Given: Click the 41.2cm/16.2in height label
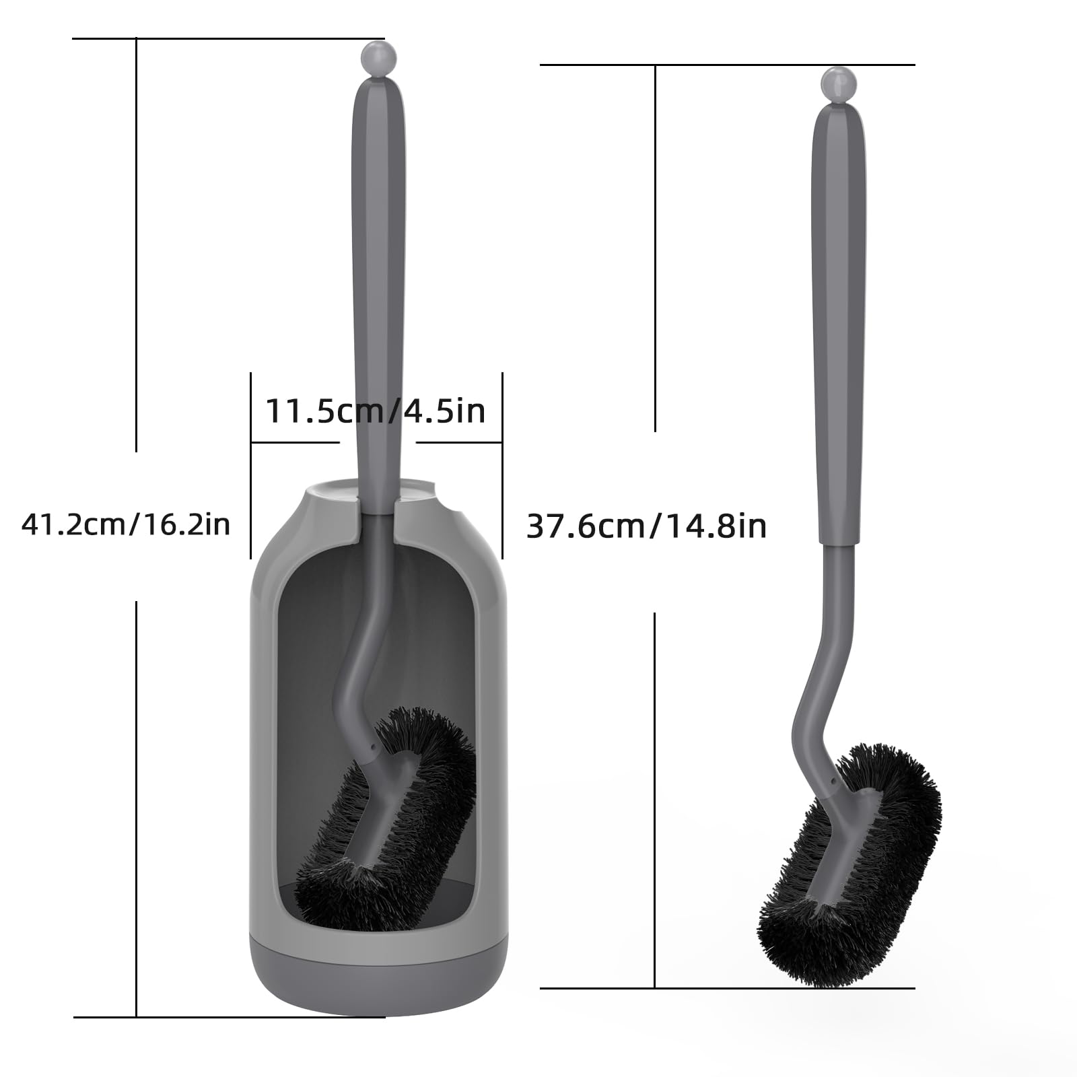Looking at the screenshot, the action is point(126,524).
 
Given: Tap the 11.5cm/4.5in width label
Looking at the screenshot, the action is point(376,410).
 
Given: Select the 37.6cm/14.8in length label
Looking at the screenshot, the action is point(646,525).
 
